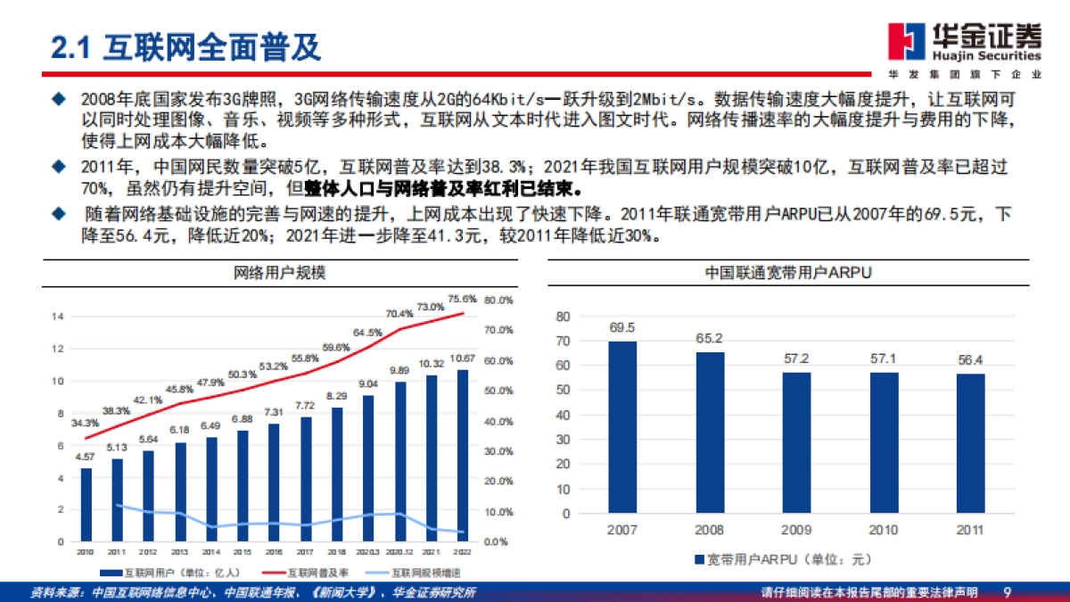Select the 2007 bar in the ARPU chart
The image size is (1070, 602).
[622, 427]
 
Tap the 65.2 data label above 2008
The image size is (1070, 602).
[710, 339]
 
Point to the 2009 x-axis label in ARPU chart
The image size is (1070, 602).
[796, 530]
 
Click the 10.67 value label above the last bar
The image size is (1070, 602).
[462, 359]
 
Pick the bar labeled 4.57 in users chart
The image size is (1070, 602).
[86, 505]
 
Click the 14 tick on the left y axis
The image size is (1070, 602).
[58, 317]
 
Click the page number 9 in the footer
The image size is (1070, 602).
[1007, 592]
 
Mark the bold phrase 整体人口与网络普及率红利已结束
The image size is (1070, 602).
[444, 189]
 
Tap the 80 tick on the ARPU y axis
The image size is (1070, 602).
[561, 317]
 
